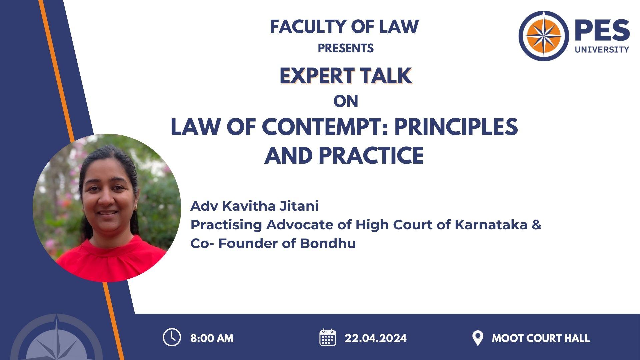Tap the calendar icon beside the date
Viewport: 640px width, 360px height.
point(328,337)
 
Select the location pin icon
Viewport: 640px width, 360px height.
point(478,338)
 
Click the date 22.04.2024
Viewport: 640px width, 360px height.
point(376,338)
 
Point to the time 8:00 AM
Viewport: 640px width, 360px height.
point(212,338)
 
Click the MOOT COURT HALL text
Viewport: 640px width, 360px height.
point(541,338)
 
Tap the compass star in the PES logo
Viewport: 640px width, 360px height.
point(544,36)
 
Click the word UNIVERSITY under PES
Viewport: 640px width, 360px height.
point(602,49)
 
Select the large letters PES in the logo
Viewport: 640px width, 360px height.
point(602,30)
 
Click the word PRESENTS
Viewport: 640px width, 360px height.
point(346,48)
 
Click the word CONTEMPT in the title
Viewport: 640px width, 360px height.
point(326,127)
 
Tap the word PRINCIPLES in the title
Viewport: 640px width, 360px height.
point(456,127)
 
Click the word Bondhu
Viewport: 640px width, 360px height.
point(328,243)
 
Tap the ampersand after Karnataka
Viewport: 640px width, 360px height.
point(536,225)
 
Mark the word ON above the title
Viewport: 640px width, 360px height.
point(346,101)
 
